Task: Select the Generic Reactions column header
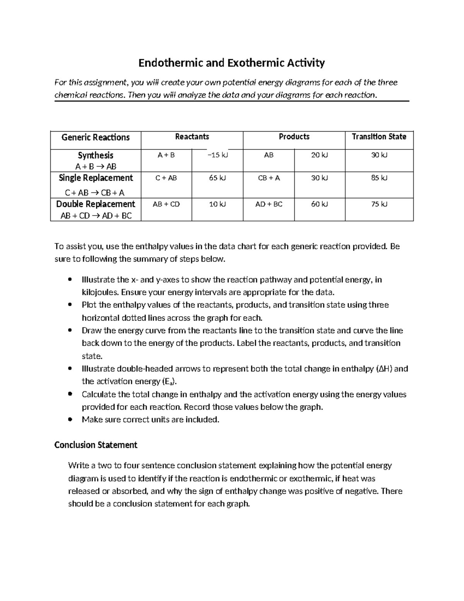click(96, 137)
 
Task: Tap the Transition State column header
click(379, 137)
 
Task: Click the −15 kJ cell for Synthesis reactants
click(218, 155)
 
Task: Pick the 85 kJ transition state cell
click(379, 178)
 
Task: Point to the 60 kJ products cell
click(319, 204)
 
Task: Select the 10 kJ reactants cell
click(217, 204)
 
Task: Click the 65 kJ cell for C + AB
click(217, 178)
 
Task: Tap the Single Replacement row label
click(96, 178)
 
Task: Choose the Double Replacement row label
click(96, 204)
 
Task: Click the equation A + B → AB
click(96, 167)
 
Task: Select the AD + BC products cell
click(269, 204)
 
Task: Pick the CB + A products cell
click(269, 178)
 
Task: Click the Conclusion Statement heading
click(96, 445)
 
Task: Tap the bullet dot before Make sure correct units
click(70, 420)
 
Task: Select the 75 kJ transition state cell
click(379, 204)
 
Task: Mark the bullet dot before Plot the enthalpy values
click(70, 305)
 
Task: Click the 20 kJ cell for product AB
click(319, 155)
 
